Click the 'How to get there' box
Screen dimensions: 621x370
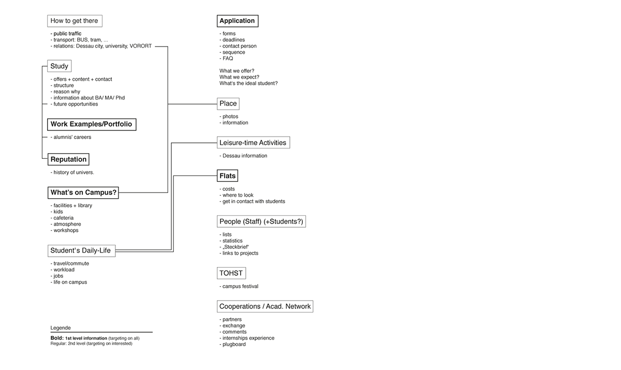coord(75,21)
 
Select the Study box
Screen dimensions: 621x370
coord(60,66)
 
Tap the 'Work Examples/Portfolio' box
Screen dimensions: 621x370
coord(92,124)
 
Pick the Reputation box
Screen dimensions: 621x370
coord(68,159)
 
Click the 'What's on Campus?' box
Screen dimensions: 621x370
coord(83,193)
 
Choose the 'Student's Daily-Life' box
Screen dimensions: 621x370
coord(82,251)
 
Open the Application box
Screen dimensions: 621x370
coord(238,21)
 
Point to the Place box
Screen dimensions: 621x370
coord(228,103)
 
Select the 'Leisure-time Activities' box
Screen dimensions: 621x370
coord(254,142)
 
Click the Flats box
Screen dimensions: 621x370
coord(227,176)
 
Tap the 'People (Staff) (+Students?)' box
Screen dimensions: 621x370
coord(261,221)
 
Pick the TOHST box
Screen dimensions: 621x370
coord(231,273)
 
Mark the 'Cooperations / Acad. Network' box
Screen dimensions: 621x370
coord(265,306)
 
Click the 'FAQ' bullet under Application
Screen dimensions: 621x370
coord(226,58)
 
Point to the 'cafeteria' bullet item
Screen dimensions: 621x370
coord(62,218)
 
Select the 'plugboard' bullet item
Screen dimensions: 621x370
coord(232,344)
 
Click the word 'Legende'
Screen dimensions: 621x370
coord(61,328)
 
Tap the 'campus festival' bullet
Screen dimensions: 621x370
coord(239,286)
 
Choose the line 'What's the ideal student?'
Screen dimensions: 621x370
coord(248,83)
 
